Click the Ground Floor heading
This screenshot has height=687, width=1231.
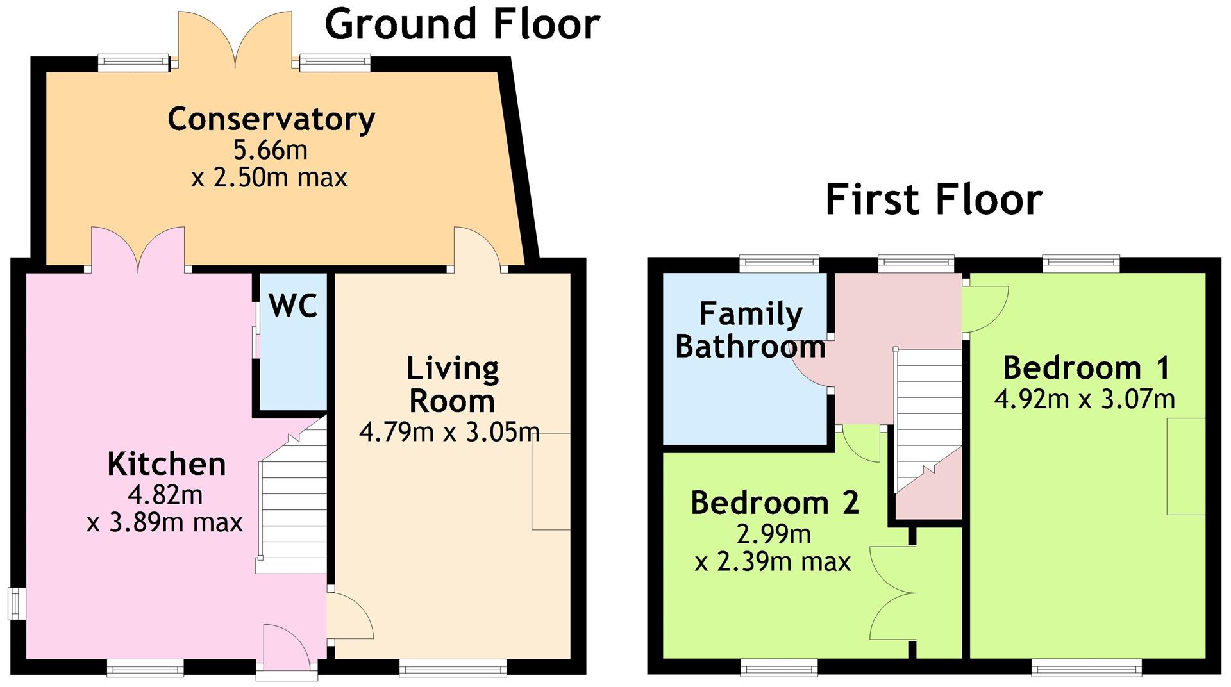[x=462, y=24]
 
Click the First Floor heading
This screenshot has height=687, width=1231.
[x=934, y=199]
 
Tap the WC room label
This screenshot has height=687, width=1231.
[x=293, y=305]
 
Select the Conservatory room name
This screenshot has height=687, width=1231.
[x=271, y=119]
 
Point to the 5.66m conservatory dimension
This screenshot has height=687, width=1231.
[x=270, y=150]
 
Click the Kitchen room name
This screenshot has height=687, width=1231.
[x=167, y=463]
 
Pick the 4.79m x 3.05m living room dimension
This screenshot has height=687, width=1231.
[x=449, y=432]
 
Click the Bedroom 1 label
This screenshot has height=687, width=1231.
[x=1086, y=367]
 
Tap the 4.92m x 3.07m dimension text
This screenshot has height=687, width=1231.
[x=1085, y=399]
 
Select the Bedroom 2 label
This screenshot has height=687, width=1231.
[x=775, y=502]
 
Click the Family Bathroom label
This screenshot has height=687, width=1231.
[x=750, y=330]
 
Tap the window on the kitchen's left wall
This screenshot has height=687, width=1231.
[x=17, y=603]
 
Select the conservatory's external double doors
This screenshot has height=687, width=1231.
[x=235, y=40]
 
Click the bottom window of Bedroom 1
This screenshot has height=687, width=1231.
[x=1086, y=668]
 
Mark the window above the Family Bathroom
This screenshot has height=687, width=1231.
[x=779, y=263]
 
